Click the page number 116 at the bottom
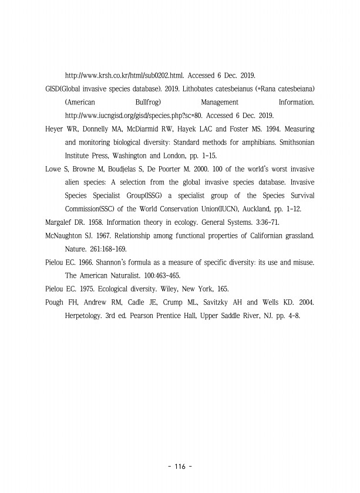(180, 467)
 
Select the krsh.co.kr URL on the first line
(125, 76)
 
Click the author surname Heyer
(55, 128)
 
